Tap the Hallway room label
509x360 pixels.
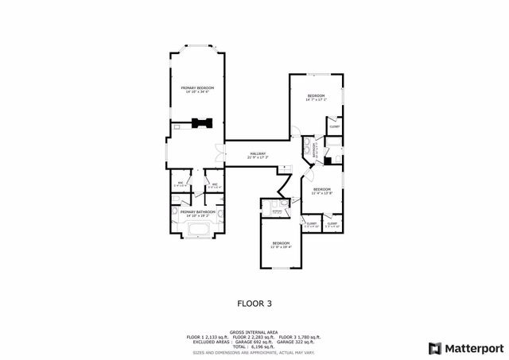(x=258, y=155)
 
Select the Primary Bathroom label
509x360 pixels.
(x=198, y=213)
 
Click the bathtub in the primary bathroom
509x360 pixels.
(x=197, y=232)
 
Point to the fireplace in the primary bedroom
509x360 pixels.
(x=200, y=122)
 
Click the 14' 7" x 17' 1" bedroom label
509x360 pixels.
(x=316, y=97)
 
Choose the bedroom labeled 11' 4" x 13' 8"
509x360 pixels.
(x=321, y=191)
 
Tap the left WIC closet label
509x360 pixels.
(x=181, y=185)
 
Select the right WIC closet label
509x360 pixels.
(x=214, y=185)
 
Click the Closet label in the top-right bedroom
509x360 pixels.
(x=335, y=126)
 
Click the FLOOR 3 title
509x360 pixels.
(x=254, y=303)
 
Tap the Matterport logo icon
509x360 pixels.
(x=433, y=348)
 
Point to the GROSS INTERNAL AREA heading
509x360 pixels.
(x=254, y=332)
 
